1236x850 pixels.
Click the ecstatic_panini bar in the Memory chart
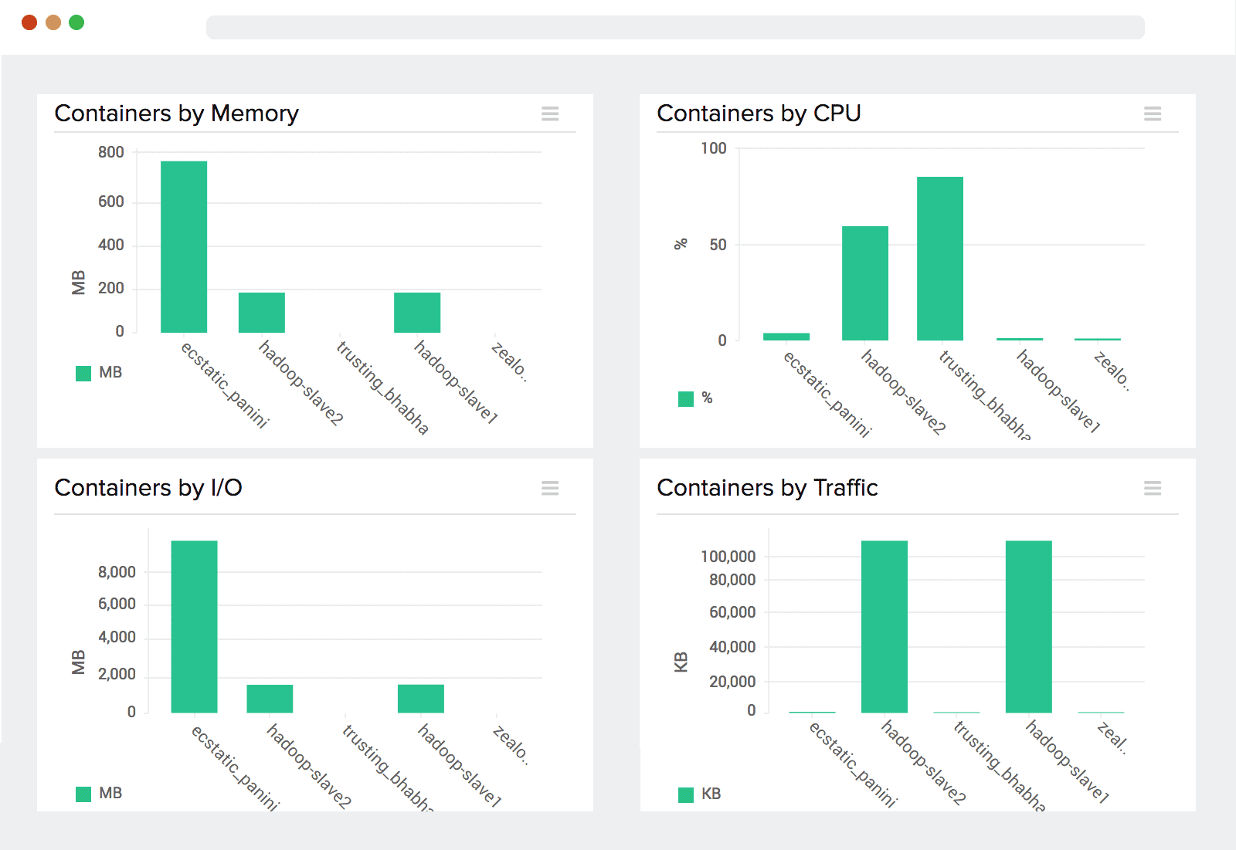pyautogui.click(x=184, y=247)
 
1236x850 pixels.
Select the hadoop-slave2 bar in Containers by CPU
pyautogui.click(x=865, y=283)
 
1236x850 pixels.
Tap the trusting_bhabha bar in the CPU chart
pyautogui.click(x=940, y=259)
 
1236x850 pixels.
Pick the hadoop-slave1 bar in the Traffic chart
pyautogui.click(x=1029, y=626)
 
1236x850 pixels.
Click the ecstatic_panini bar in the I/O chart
pyautogui.click(x=194, y=626)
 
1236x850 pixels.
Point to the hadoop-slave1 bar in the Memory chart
pyautogui.click(x=417, y=313)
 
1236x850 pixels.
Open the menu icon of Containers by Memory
pyautogui.click(x=550, y=114)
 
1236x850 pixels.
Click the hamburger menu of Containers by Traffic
pyautogui.click(x=1153, y=488)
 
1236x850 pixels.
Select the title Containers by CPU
pyautogui.click(x=759, y=113)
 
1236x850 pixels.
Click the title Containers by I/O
pyautogui.click(x=148, y=488)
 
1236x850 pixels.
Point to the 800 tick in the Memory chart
pyautogui.click(x=111, y=152)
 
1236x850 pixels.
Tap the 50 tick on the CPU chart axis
pyautogui.click(x=718, y=245)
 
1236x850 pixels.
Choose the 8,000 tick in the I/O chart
pyautogui.click(x=117, y=572)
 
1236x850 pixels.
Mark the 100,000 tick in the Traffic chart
pyautogui.click(x=728, y=557)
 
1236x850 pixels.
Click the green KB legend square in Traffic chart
pyautogui.click(x=686, y=794)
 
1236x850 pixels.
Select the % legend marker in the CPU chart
pyautogui.click(x=686, y=398)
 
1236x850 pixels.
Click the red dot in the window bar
pyautogui.click(x=29, y=22)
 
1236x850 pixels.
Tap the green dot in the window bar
pyautogui.click(x=76, y=22)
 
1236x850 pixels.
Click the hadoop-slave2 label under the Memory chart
pyautogui.click(x=301, y=383)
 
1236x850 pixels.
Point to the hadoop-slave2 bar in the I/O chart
pyautogui.click(x=270, y=699)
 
